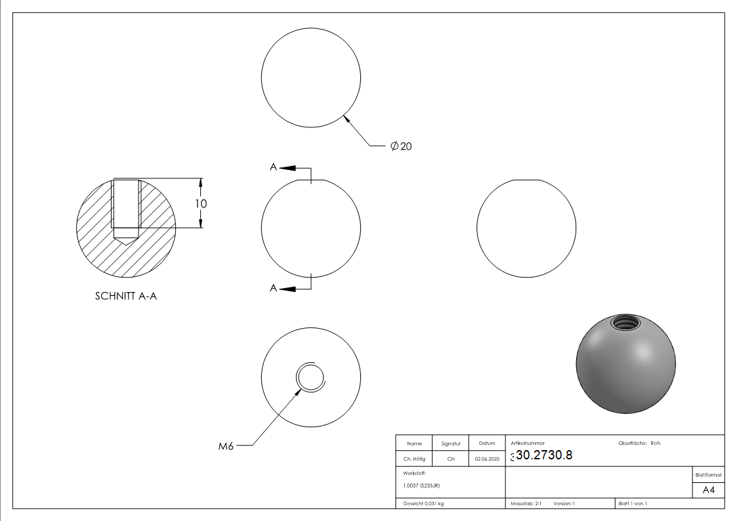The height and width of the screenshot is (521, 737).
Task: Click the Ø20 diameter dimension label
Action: tap(401, 146)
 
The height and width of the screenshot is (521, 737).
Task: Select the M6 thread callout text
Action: tap(226, 447)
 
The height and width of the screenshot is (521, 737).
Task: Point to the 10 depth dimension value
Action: tap(201, 203)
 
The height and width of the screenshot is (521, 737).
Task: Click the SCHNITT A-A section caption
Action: tap(126, 296)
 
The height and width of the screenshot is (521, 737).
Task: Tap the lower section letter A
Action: tap(273, 288)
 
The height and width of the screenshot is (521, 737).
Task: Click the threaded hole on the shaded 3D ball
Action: tap(624, 323)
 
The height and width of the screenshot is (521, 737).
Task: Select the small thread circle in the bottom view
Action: tap(310, 377)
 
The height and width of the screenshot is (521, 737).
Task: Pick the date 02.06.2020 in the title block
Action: tap(486, 459)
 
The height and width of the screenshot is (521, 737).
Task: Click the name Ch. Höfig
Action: tap(414, 459)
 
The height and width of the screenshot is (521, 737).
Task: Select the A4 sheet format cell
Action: tap(708, 490)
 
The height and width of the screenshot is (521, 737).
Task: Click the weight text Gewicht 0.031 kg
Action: tap(423, 503)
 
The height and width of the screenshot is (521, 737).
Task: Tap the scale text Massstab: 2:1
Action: tap(526, 503)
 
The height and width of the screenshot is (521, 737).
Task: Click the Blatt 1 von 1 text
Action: tap(633, 503)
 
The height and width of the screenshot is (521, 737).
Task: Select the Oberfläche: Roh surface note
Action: tap(639, 443)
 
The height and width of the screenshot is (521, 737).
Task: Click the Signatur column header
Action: tap(451, 444)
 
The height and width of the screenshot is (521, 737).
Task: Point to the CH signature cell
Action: tap(451, 459)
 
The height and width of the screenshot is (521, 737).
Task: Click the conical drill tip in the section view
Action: tap(126, 241)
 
